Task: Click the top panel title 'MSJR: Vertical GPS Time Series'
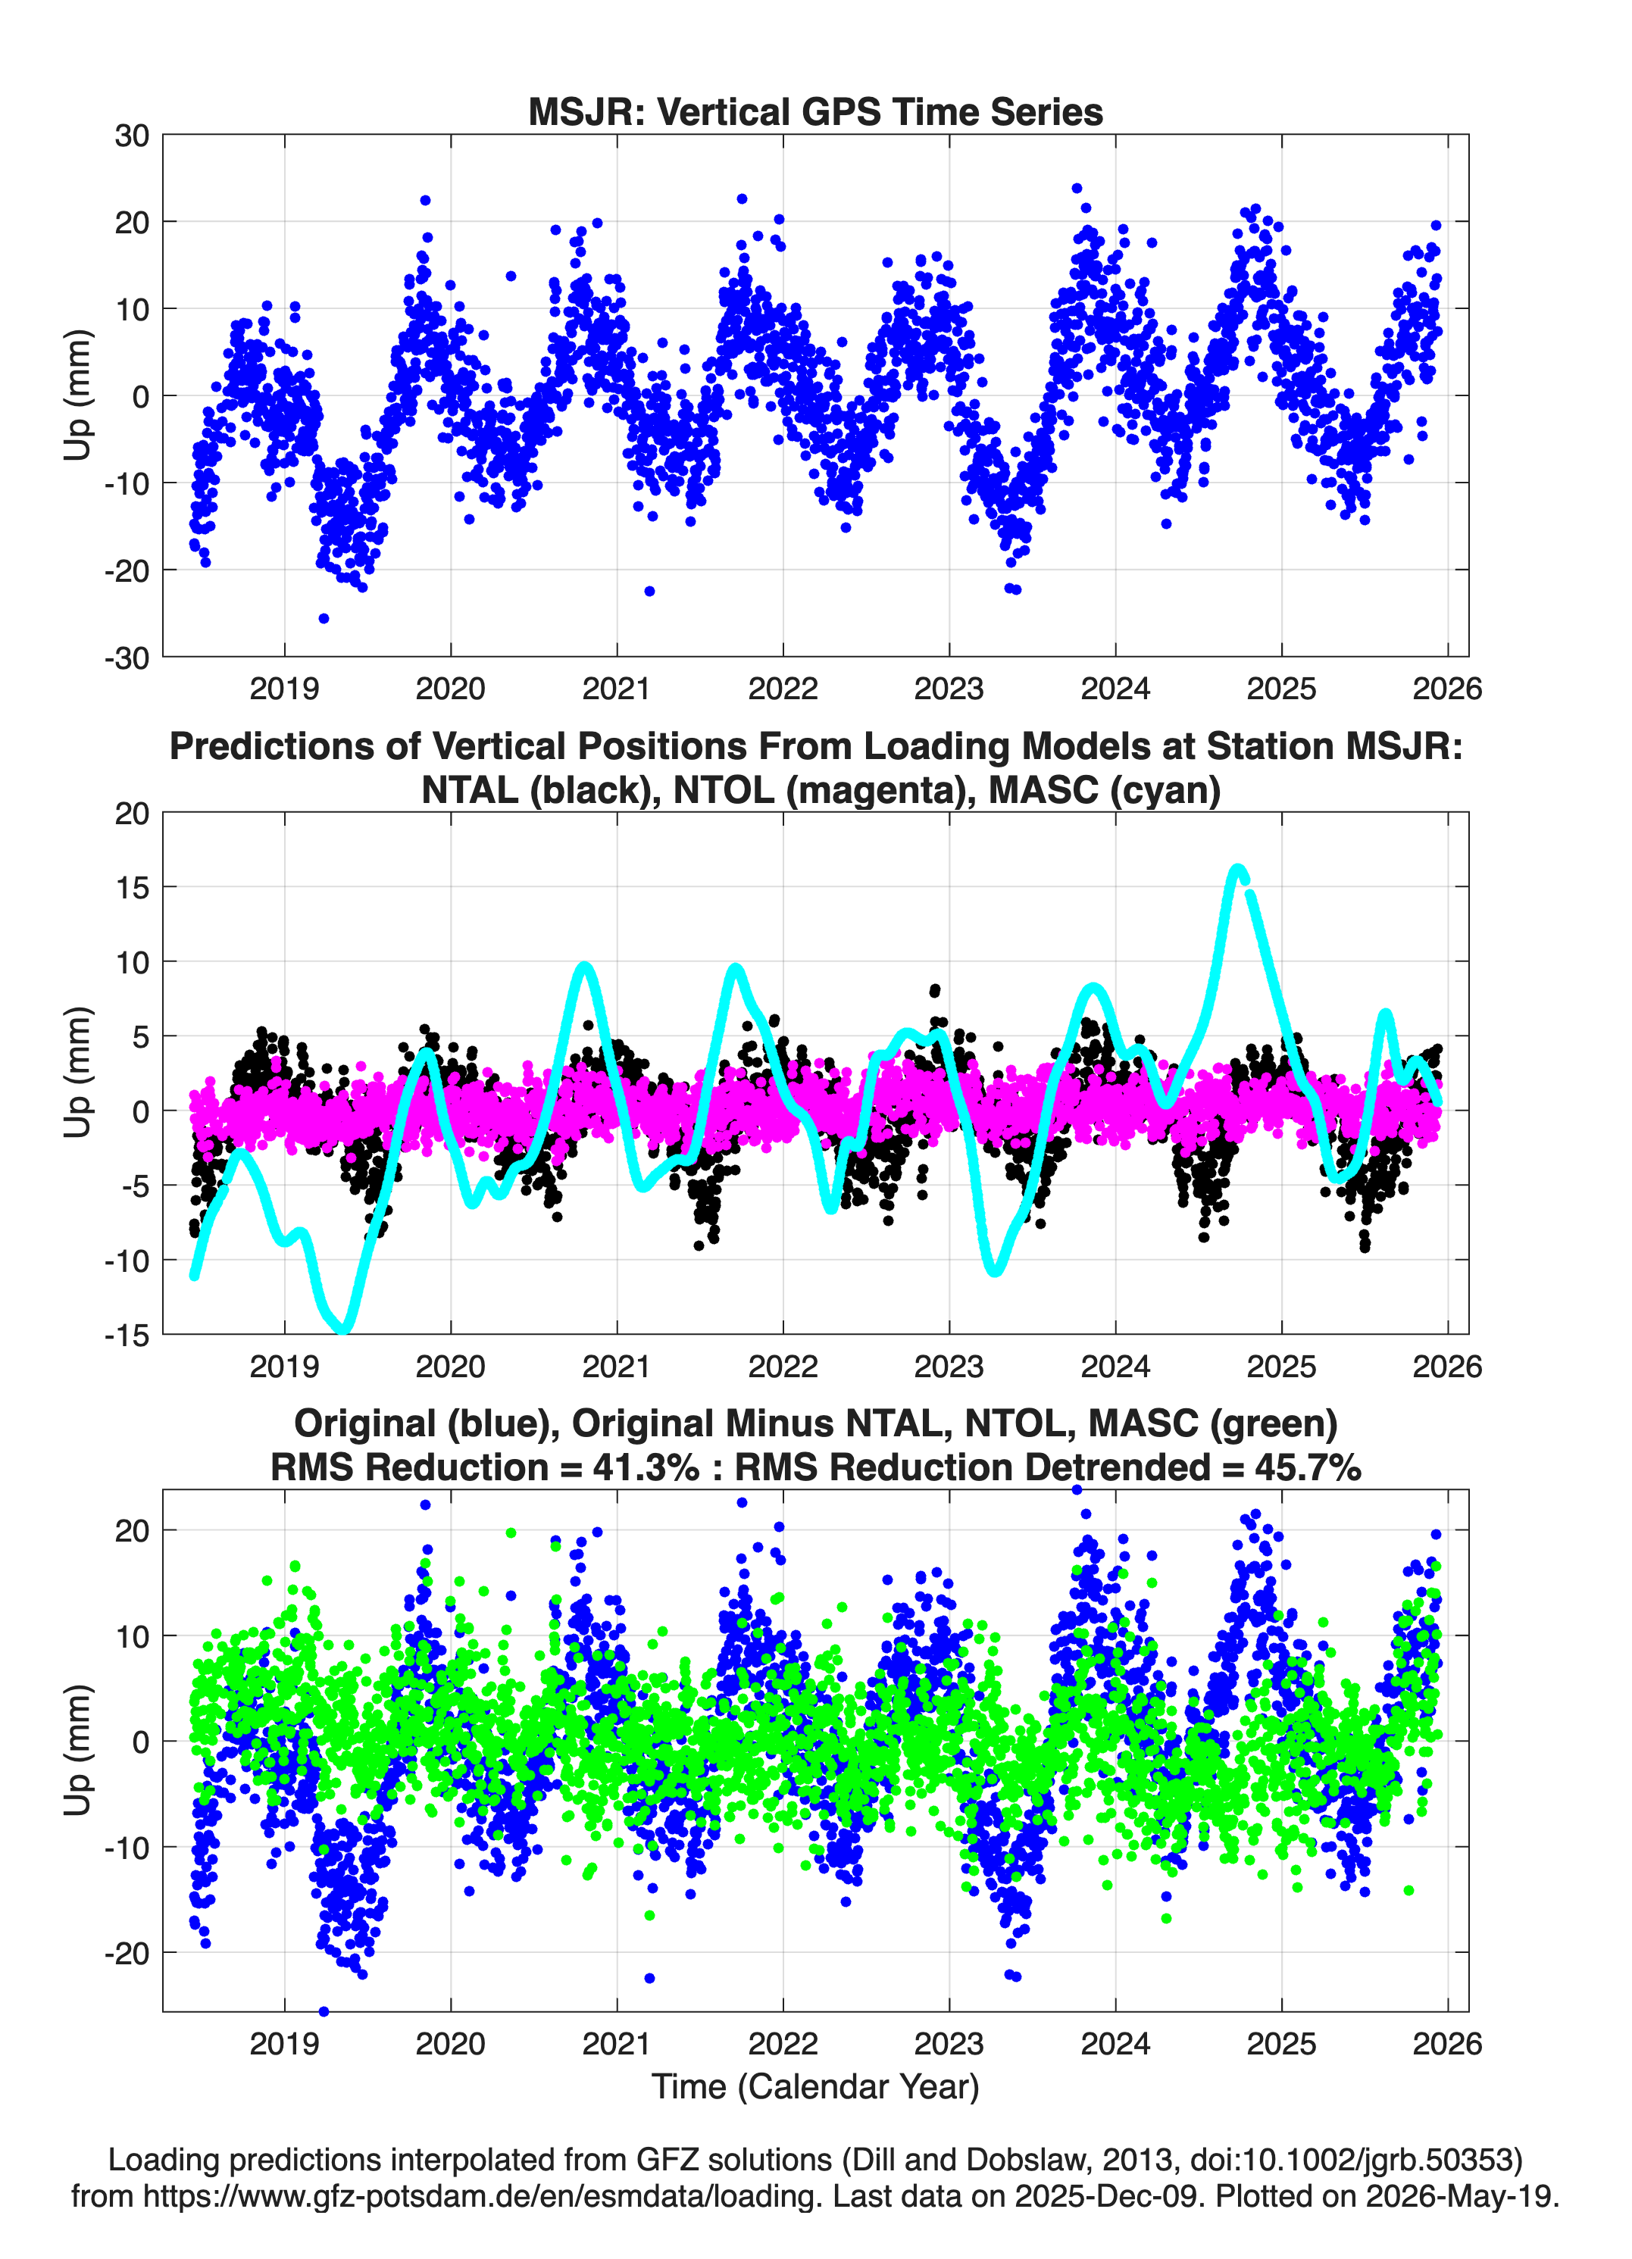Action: point(815,111)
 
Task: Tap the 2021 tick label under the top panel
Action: point(617,689)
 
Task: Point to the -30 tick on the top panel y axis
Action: point(127,658)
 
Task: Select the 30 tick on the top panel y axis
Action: point(132,136)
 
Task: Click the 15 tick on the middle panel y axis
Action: point(133,886)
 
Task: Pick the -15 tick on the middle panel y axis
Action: point(127,1335)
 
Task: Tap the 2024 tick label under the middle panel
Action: point(1116,1366)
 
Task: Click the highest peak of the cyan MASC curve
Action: point(1237,870)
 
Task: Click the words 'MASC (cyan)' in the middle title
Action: point(1105,790)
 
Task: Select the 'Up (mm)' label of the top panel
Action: point(78,395)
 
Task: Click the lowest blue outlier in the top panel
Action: point(324,618)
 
